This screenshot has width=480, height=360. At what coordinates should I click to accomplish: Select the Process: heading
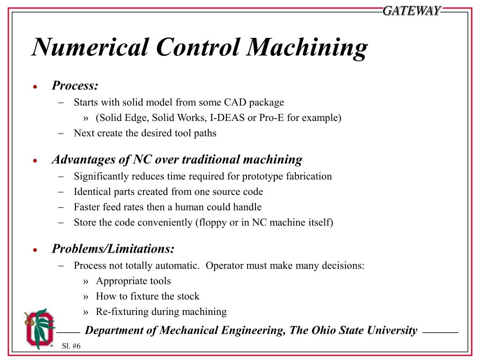tap(75, 86)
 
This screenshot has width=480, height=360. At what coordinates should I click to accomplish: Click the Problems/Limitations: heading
tap(113, 249)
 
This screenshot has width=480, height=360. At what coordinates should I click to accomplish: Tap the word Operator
tap(225, 266)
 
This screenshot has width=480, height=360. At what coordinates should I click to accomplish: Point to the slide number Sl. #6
tap(71, 346)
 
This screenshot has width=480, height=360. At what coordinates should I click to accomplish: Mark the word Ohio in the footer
tap(324, 330)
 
